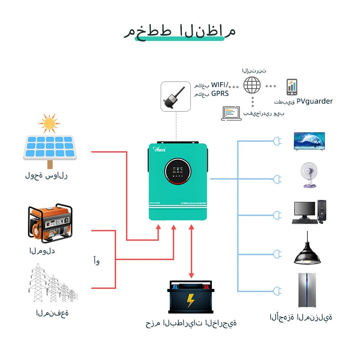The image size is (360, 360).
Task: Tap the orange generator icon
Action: pyautogui.click(x=50, y=224)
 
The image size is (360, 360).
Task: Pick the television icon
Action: pyautogui.click(x=309, y=141)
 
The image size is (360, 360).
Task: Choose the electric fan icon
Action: pyautogui.click(x=309, y=175)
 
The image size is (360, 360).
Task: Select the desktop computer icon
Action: pyautogui.click(x=309, y=212)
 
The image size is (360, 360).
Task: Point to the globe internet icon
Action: pyautogui.click(x=252, y=85)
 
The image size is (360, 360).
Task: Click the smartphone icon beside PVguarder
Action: pyautogui.click(x=292, y=86)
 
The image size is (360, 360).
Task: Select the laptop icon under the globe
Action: pyautogui.click(x=231, y=113)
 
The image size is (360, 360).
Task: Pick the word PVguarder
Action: pyautogui.click(x=315, y=101)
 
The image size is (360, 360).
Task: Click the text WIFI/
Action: pyautogui.click(x=220, y=85)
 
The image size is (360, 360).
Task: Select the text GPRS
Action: pyautogui.click(x=220, y=94)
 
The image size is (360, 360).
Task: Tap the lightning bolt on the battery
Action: pyautogui.click(x=190, y=300)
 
